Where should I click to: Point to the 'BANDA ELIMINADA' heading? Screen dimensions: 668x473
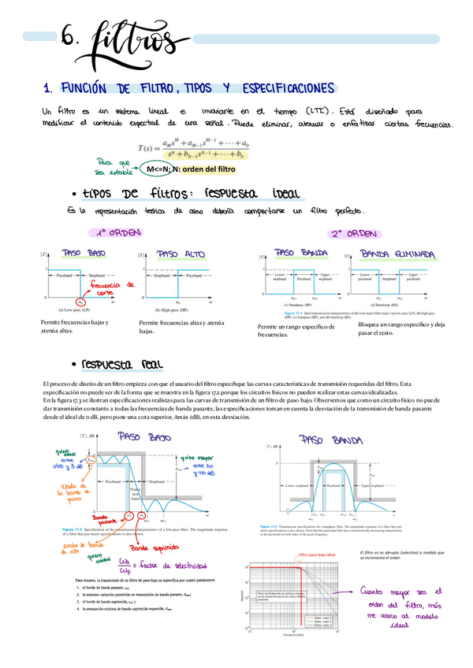click(x=398, y=254)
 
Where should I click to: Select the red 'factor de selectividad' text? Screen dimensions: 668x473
click(x=177, y=566)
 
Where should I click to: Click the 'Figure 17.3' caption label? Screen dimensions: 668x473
click(x=73, y=529)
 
